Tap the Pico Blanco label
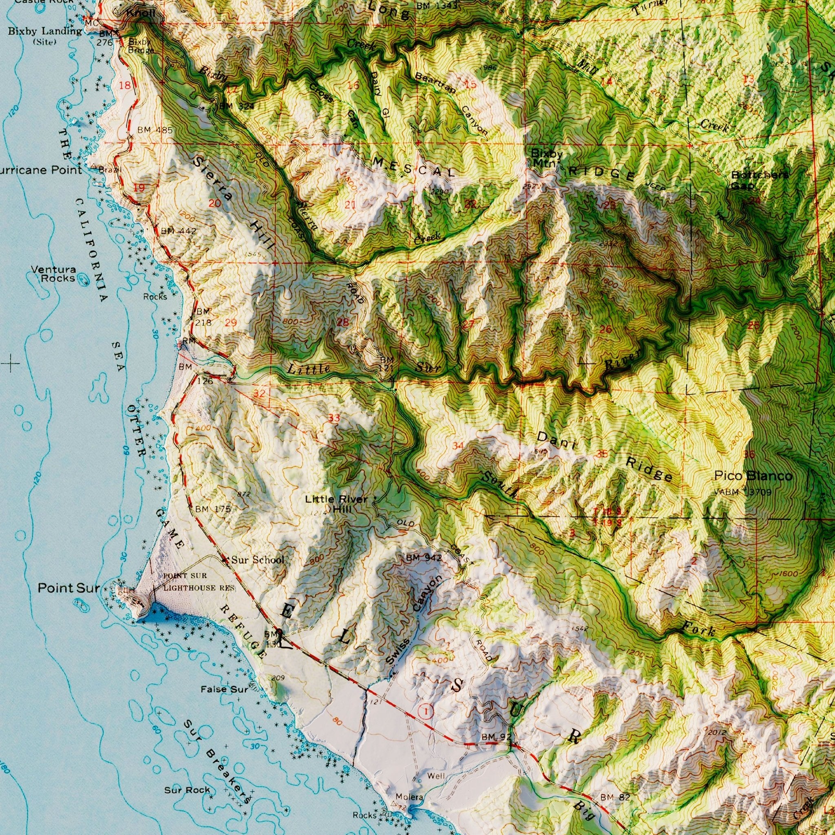coord(753,476)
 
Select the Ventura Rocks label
coord(53,274)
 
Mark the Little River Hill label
coord(336,504)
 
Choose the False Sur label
coord(224,689)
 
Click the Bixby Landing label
coord(44,31)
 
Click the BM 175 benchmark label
coord(213,509)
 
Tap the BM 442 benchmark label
coord(179,231)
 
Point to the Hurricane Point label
coord(41,170)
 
